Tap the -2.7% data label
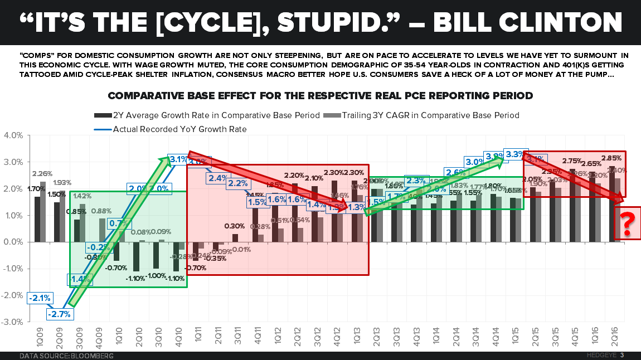pos(59,314)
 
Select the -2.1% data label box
pos(38,299)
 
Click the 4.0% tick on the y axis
pos(13,135)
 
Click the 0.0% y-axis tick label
pos(13,242)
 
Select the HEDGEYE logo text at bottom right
pos(602,356)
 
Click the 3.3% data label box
pos(513,153)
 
